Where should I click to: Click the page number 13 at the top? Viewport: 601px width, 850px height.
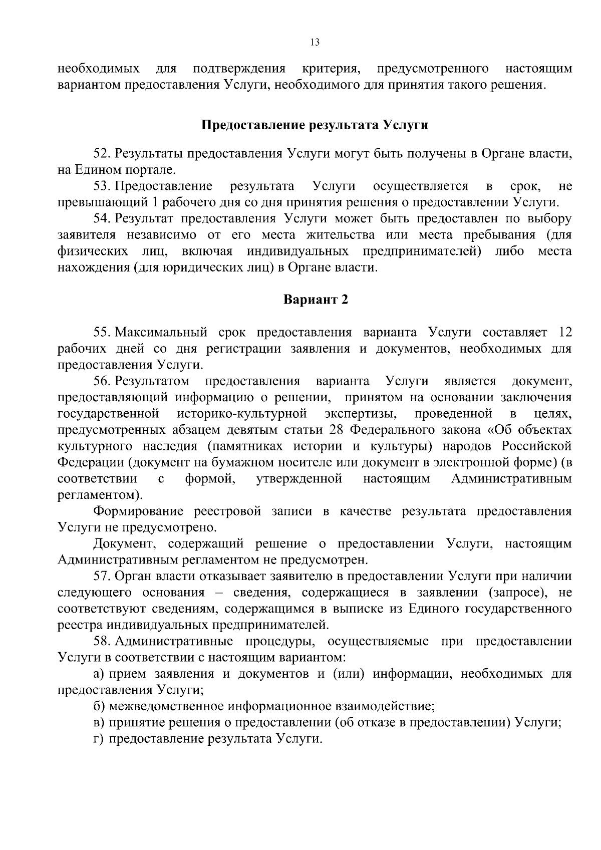[315, 43]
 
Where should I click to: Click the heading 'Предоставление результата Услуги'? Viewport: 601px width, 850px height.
[315, 125]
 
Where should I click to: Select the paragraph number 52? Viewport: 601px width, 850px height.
[101, 153]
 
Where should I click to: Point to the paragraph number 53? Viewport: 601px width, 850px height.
[101, 186]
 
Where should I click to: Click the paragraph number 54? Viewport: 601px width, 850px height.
[101, 219]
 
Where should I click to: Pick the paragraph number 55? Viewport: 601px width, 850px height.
[101, 333]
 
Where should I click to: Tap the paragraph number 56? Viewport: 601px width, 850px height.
[101, 381]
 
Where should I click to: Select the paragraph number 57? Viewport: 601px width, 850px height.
[101, 577]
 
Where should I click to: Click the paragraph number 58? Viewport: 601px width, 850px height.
[101, 642]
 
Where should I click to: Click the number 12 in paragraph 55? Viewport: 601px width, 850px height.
[564, 333]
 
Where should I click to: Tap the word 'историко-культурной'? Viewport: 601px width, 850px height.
[241, 414]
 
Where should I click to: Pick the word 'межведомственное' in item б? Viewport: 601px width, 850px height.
[167, 707]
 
